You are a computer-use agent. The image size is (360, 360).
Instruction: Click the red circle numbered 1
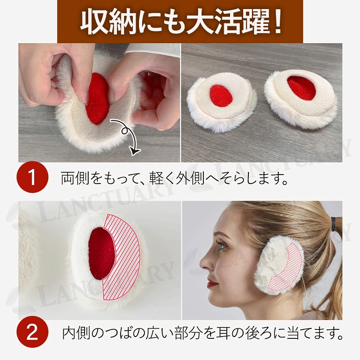(x=32, y=177)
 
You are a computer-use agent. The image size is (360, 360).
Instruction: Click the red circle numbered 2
(x=32, y=332)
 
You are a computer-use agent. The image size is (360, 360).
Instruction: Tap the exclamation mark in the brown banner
(x=277, y=22)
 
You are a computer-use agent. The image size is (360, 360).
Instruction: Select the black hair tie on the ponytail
(x=333, y=223)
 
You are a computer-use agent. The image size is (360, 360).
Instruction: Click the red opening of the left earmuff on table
(x=221, y=96)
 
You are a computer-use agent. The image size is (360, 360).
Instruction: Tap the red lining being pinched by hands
(x=97, y=99)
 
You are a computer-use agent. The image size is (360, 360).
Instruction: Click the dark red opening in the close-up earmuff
(x=102, y=254)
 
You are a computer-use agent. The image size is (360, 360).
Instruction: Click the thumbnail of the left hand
(x=87, y=96)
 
